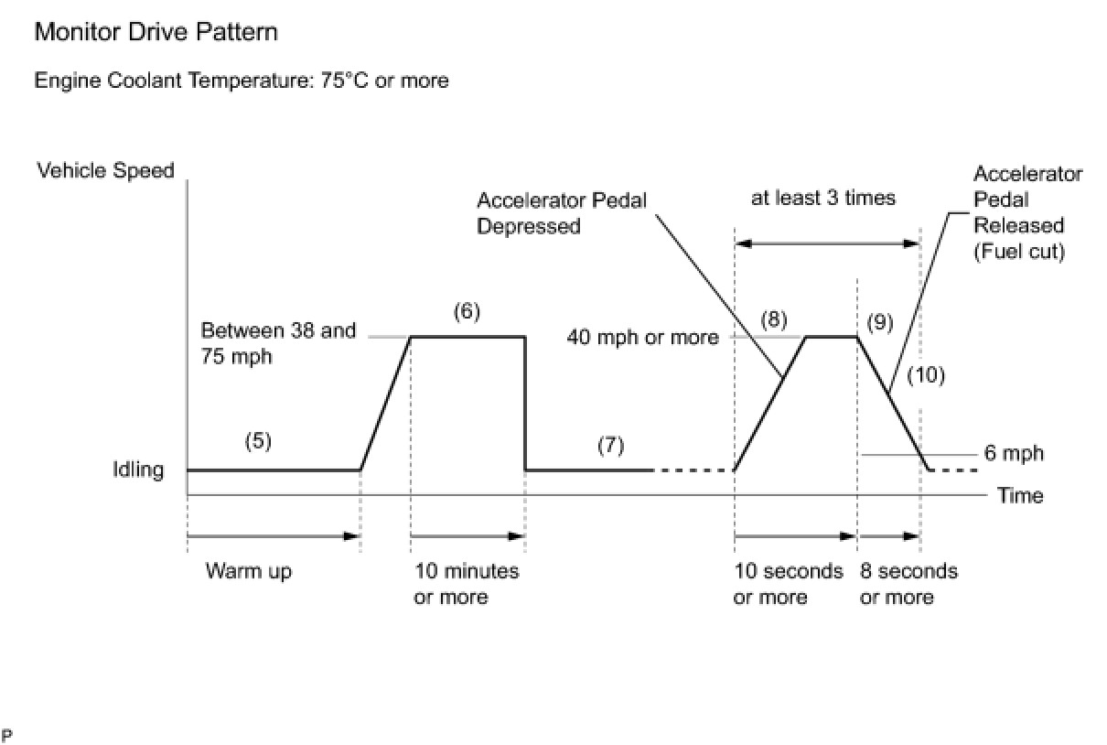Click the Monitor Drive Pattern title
pos(156,33)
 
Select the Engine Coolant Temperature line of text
pos(242,81)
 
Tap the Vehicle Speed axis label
pos(105,170)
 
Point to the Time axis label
pos(1020,495)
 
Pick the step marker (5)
pos(258,441)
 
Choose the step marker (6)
pos(467,311)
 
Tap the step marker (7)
pos(610,446)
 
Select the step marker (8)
pos(773,320)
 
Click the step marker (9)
pos(879,323)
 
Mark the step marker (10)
pos(926,374)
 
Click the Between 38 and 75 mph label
pos(278,342)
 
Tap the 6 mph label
pos(1014,453)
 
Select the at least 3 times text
pos(823,198)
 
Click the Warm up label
pos(249,572)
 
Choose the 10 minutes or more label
pos(467,584)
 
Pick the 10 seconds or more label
pos(788,584)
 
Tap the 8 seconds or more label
pos(908,584)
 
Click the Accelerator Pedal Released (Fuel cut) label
pos(1026,212)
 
